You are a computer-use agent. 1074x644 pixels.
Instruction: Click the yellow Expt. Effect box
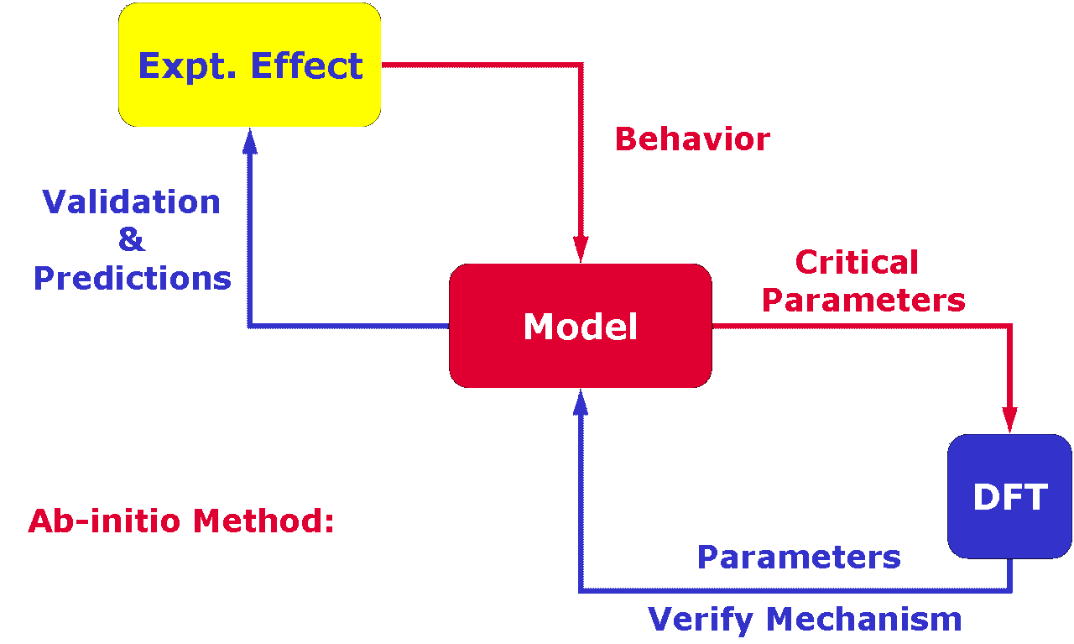pyautogui.click(x=249, y=65)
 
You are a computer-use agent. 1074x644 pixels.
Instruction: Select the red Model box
pyautogui.click(x=580, y=326)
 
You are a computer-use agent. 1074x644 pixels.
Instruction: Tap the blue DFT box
pyautogui.click(x=1009, y=497)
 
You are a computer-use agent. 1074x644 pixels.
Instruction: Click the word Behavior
pyautogui.click(x=692, y=139)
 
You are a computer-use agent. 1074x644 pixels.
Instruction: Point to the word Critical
pyautogui.click(x=857, y=263)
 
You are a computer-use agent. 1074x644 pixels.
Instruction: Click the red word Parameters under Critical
pyautogui.click(x=863, y=301)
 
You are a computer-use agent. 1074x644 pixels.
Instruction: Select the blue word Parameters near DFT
pyautogui.click(x=799, y=558)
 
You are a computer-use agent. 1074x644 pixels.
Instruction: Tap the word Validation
pyautogui.click(x=131, y=202)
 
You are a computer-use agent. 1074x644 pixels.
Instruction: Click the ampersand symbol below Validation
pyautogui.click(x=132, y=239)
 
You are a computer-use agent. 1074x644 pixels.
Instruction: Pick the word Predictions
pyautogui.click(x=133, y=278)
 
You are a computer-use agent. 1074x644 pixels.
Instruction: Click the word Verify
pyautogui.click(x=700, y=620)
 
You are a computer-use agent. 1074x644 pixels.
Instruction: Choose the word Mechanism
pyautogui.click(x=864, y=619)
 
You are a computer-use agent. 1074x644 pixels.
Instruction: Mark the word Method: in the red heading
pyautogui.click(x=263, y=521)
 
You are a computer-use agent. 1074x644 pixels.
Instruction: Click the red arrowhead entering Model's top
pyautogui.click(x=581, y=249)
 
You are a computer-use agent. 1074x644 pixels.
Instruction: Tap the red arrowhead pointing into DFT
pyautogui.click(x=1009, y=421)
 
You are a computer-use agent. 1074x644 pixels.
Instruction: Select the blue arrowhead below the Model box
pyautogui.click(x=581, y=402)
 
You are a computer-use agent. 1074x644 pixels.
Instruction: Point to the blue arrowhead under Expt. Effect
pyautogui.click(x=250, y=141)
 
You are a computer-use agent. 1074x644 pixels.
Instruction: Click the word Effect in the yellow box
pyautogui.click(x=307, y=65)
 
